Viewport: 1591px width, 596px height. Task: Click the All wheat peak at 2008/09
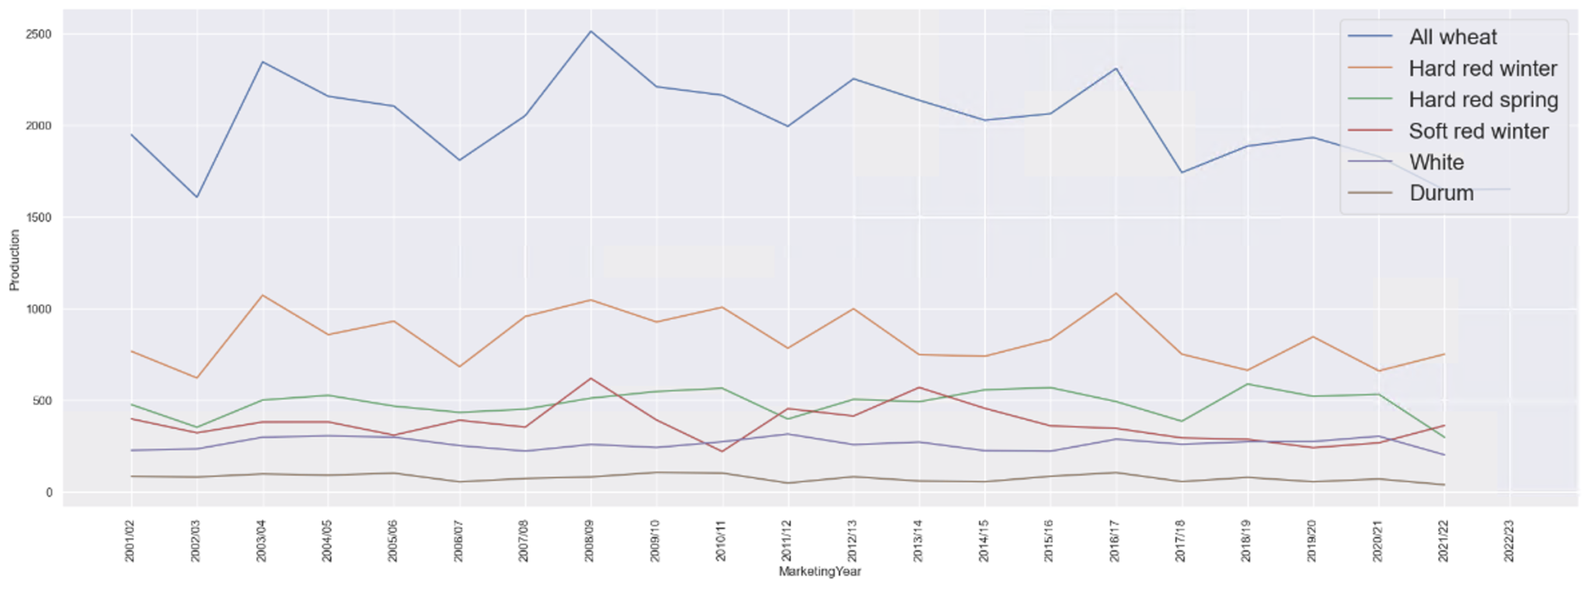pyautogui.click(x=590, y=31)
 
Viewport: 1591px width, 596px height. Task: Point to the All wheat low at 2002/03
pyautogui.click(x=197, y=197)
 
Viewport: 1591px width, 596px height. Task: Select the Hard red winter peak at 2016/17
pyautogui.click(x=1116, y=293)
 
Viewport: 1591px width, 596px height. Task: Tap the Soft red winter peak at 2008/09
pyautogui.click(x=590, y=378)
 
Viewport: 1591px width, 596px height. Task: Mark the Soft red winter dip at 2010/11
pyautogui.click(x=722, y=451)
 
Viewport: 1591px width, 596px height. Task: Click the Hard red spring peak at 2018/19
pyautogui.click(x=1247, y=384)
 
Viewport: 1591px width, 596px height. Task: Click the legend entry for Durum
pyautogui.click(x=1441, y=193)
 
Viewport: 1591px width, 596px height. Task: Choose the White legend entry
pyautogui.click(x=1436, y=162)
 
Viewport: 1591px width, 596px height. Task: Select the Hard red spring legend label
pyautogui.click(x=1483, y=100)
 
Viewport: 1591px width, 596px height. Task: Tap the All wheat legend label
pyautogui.click(x=1453, y=37)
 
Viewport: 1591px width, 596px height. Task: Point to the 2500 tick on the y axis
pyautogui.click(x=38, y=35)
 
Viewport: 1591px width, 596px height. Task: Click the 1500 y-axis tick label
pyautogui.click(x=38, y=218)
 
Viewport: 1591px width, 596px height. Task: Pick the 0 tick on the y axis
pyautogui.click(x=48, y=493)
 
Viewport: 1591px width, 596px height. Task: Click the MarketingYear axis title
pyautogui.click(x=820, y=572)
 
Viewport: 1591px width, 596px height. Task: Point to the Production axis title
pyautogui.click(x=15, y=260)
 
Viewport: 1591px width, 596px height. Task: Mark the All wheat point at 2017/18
pyautogui.click(x=1181, y=173)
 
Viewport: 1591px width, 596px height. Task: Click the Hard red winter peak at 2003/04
pyautogui.click(x=263, y=295)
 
